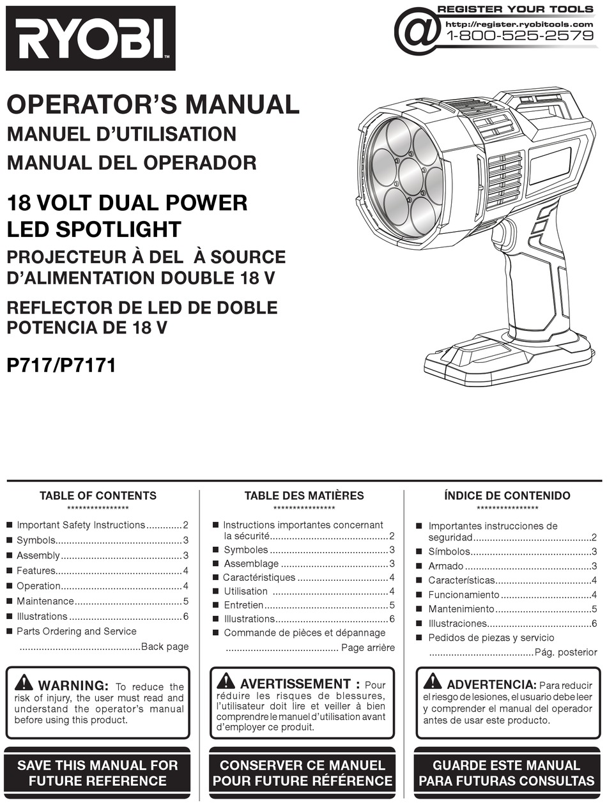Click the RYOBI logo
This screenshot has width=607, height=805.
coord(91,38)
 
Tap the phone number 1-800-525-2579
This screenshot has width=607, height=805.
coord(519,36)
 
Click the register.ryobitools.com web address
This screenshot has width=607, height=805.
coord(519,24)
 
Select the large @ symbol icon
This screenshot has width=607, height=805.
coord(417,31)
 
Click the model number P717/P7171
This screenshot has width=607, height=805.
coord(61,366)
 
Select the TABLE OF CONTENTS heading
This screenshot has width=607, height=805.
coord(98,496)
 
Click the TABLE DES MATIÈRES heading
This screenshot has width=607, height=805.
coord(304,496)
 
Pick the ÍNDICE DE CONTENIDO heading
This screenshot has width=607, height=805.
coord(507,496)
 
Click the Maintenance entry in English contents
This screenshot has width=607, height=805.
coord(45,601)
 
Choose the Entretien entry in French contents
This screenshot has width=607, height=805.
coord(243,605)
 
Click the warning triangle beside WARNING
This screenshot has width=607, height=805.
coord(24,683)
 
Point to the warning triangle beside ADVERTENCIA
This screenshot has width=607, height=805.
coord(433,681)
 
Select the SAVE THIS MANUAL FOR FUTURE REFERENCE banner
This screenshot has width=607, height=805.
coord(98,773)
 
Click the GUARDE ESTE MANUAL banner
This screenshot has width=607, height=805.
coord(507,773)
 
